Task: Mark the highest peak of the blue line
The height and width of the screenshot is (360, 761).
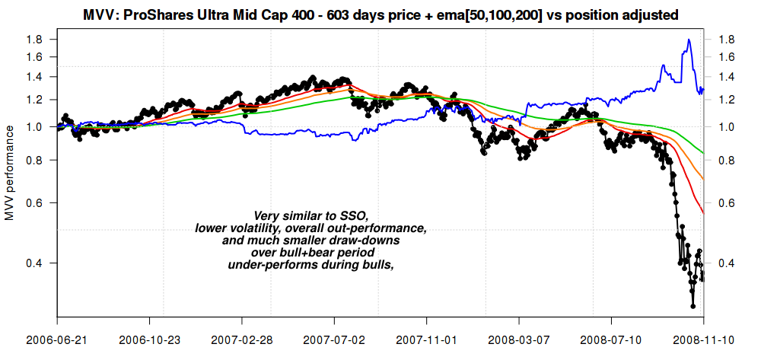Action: (689, 40)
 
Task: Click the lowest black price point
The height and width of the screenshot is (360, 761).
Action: (693, 307)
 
